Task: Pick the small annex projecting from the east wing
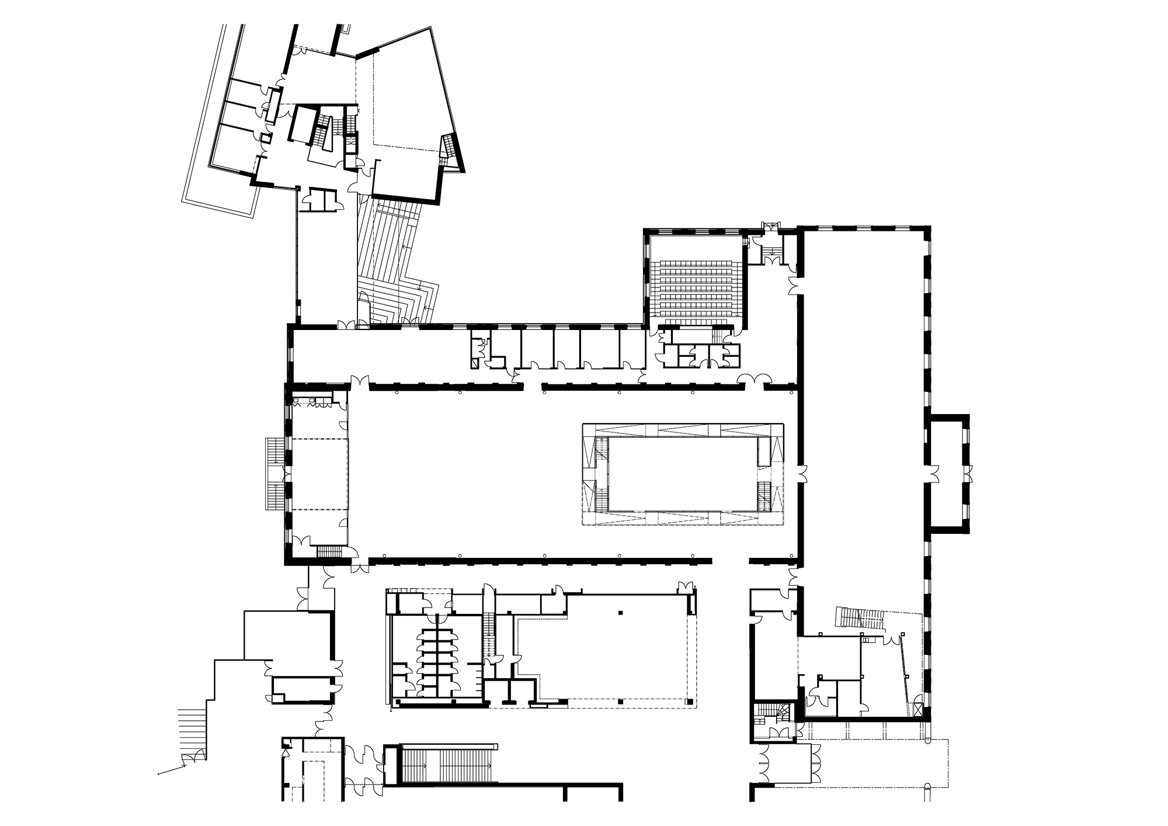[947, 473]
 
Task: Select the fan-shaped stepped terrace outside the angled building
[397, 263]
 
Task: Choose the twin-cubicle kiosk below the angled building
[321, 199]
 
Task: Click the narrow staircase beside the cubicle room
[489, 631]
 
